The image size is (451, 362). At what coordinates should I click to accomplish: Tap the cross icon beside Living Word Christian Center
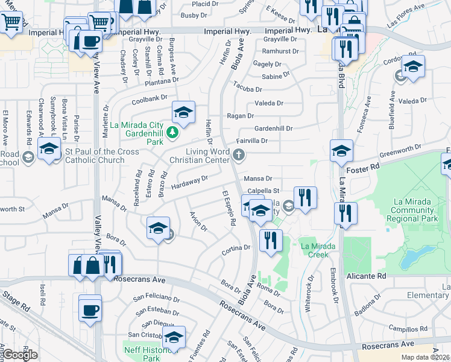click(239, 156)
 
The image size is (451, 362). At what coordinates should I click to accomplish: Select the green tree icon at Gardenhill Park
click(174, 132)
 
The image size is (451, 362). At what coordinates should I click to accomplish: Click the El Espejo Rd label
click(229, 208)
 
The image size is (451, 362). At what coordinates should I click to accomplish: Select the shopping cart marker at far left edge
click(10, 23)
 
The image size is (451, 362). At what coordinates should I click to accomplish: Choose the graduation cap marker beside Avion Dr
click(157, 228)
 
